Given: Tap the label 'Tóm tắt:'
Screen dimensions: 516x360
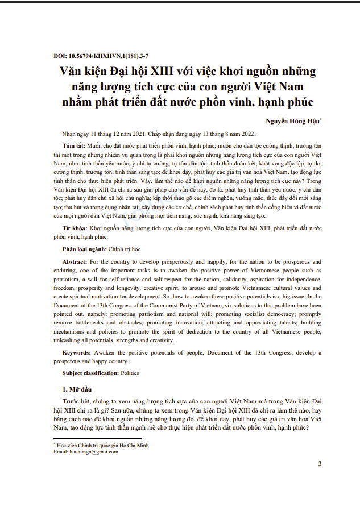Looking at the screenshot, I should point(75,146).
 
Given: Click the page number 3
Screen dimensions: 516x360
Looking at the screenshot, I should point(320,464).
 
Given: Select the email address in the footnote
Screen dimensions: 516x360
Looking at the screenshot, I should point(93,452).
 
